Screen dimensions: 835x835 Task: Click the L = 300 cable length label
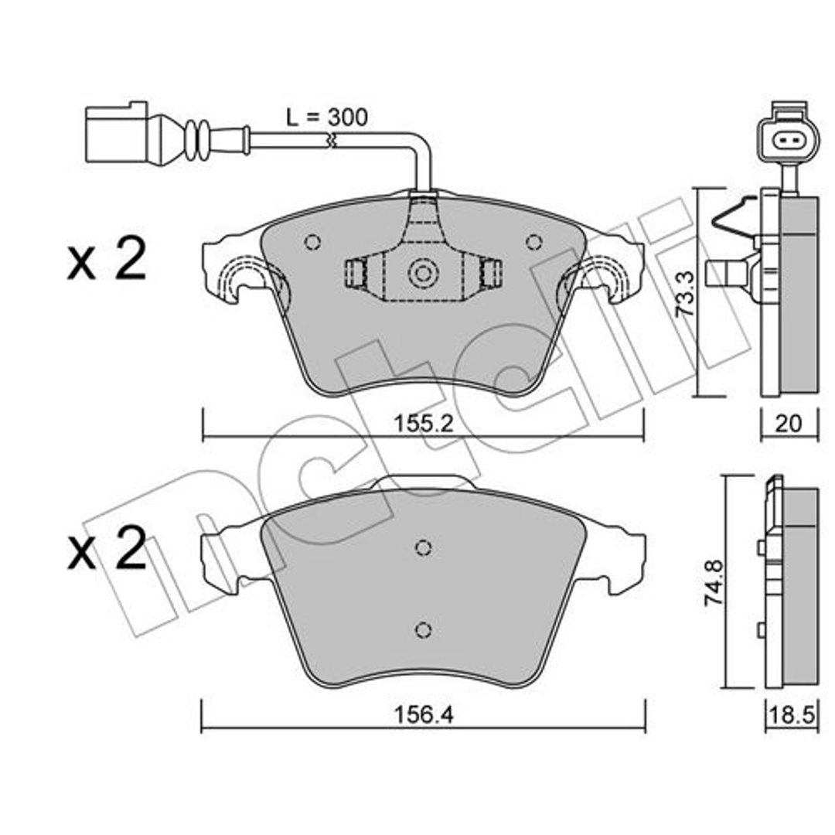click(x=326, y=118)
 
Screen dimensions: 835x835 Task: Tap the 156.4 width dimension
click(x=423, y=714)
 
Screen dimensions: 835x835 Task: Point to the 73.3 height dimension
click(x=685, y=295)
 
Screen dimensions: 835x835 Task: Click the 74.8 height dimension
click(x=713, y=582)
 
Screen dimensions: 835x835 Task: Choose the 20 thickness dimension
click(x=788, y=424)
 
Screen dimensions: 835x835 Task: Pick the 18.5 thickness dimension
click(x=792, y=715)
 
